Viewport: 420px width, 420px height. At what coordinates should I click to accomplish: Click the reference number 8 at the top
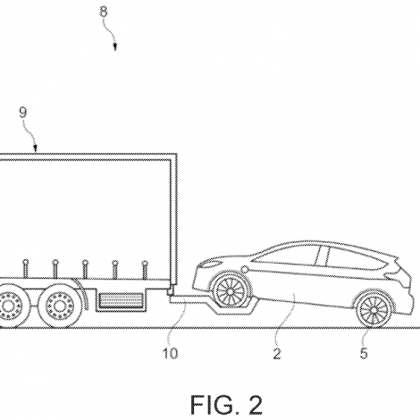[104, 12]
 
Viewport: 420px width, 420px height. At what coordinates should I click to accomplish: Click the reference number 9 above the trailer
[23, 113]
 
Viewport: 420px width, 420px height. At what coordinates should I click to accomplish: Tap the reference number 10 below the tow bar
[171, 353]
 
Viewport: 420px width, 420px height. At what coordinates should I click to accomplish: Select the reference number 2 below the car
[277, 354]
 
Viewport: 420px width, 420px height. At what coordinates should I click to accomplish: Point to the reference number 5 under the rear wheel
[364, 353]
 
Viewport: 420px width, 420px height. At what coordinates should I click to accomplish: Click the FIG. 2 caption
[226, 405]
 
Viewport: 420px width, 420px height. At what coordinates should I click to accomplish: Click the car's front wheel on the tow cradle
[231, 290]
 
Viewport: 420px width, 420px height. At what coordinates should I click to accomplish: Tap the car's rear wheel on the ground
[374, 310]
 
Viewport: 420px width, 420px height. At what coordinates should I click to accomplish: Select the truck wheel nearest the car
[61, 305]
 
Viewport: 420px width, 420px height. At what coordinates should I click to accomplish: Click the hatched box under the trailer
[121, 300]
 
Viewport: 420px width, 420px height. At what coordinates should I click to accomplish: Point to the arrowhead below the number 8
[115, 47]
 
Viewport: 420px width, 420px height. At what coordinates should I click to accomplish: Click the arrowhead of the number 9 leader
[36, 147]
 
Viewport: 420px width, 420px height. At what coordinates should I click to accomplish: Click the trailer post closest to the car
[145, 271]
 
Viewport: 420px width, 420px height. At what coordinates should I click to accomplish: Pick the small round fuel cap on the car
[245, 269]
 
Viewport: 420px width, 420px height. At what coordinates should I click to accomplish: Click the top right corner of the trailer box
[177, 154]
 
